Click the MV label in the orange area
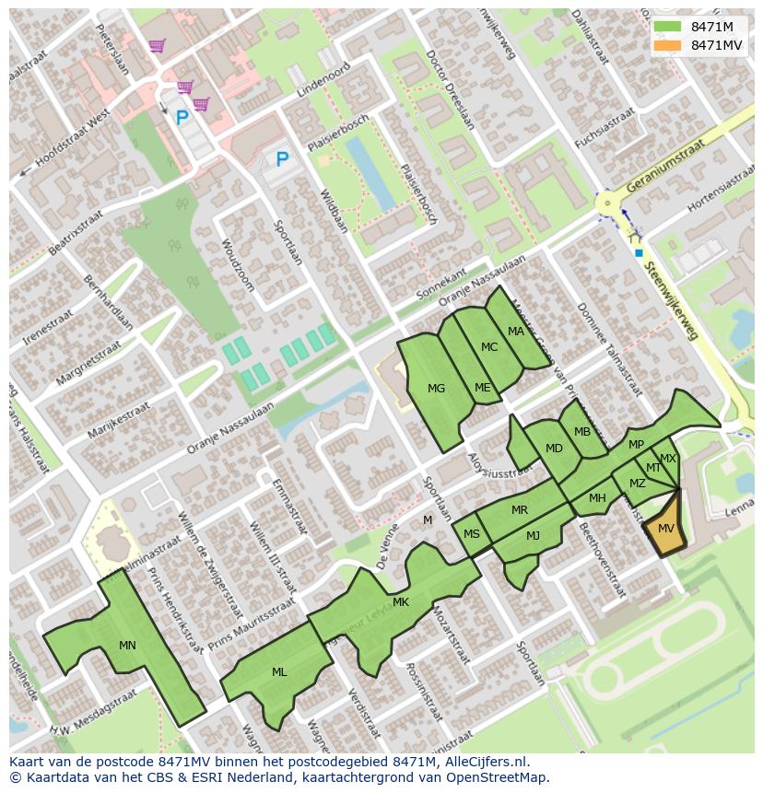click(665, 528)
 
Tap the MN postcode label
click(127, 645)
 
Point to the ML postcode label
click(279, 671)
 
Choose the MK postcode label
click(400, 602)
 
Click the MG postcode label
click(436, 388)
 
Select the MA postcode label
click(515, 332)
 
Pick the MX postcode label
click(667, 458)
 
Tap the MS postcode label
click(471, 534)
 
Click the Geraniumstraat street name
click(663, 167)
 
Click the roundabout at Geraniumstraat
click(607, 204)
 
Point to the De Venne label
click(385, 546)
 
